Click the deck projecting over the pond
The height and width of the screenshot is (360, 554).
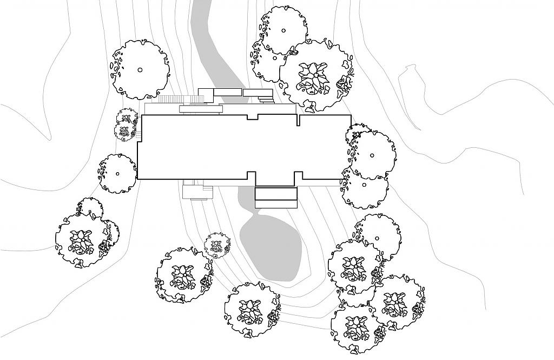(276, 197)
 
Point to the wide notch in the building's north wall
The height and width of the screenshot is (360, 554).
(253, 116)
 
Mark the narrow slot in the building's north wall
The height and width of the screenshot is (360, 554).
(298, 120)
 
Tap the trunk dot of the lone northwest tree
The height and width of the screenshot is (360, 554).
(140, 69)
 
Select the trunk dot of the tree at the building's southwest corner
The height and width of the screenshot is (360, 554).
(117, 174)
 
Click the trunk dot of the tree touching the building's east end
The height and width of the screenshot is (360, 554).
(372, 155)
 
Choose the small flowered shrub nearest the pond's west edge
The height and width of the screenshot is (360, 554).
(217, 246)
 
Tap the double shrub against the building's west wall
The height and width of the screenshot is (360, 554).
(127, 125)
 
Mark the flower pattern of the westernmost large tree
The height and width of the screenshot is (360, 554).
(81, 241)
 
